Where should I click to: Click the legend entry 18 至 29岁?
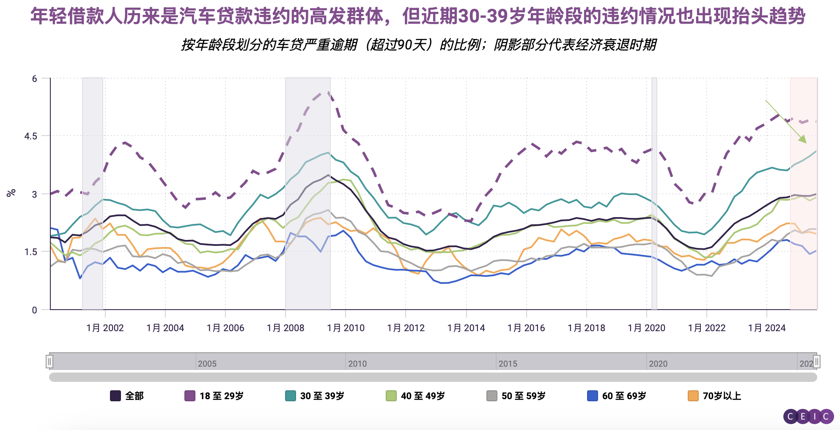214,396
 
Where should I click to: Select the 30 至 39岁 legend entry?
315,396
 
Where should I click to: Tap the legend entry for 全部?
127,396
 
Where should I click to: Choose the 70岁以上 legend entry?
714,396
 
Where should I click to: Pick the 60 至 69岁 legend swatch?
593,396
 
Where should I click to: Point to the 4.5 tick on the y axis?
30,136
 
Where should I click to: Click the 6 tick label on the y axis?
35,79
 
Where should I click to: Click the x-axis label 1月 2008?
285,328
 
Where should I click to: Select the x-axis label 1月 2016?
526,328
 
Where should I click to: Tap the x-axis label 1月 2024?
767,328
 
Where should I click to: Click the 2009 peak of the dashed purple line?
328,92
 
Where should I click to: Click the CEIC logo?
808,416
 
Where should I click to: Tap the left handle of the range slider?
49,362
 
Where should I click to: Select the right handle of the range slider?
817,362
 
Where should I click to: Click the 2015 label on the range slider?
508,364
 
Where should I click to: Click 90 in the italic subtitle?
405,45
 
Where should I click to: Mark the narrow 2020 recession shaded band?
654,193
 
